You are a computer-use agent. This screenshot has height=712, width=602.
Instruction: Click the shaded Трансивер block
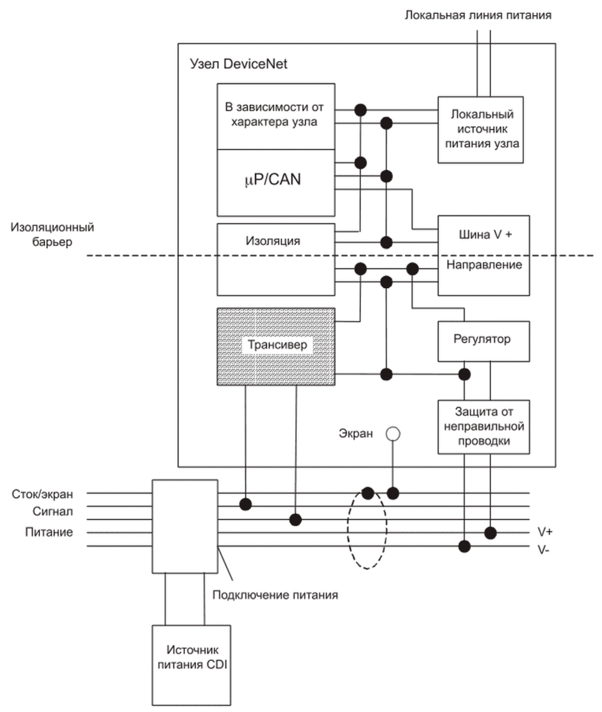coord(275,346)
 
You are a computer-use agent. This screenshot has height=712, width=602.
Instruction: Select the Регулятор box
coord(484,341)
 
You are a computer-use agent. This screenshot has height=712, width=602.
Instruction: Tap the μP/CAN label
coord(275,181)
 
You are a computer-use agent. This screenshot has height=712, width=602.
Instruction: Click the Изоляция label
coord(275,241)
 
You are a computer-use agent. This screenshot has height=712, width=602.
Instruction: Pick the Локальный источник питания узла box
coord(480,129)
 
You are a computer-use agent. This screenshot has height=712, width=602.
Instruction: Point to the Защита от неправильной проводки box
coord(484,426)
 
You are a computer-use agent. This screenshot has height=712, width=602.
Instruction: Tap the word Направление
coord(484,265)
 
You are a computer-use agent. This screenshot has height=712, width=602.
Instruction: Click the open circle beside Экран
coord(393,433)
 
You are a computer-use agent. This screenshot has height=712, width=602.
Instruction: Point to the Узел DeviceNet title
coord(238,64)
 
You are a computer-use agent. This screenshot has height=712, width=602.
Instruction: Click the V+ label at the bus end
coord(545,532)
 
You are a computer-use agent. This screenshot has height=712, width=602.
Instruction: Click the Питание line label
coord(49,533)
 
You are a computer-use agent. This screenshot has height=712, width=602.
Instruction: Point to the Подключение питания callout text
coord(275,594)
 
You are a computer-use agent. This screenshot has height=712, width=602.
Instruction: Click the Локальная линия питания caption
coord(478,14)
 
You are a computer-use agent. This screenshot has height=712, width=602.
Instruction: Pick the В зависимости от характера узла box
coord(275,116)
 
